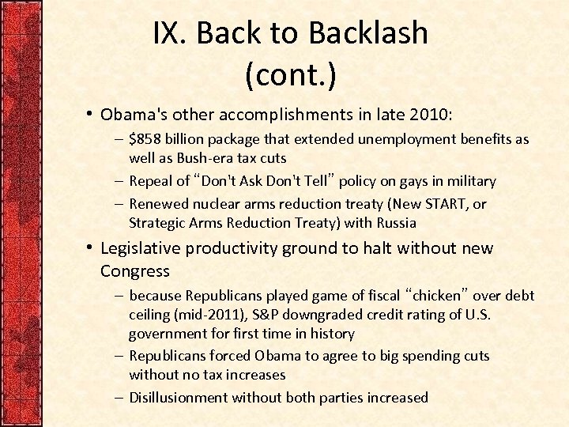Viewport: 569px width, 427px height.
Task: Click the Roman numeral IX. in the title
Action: pyautogui.click(x=170, y=33)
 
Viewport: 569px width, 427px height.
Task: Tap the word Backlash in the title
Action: pyautogui.click(x=368, y=33)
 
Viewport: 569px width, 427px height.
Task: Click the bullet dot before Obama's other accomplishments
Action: pyautogui.click(x=92, y=115)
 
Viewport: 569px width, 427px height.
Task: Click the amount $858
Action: pyautogui.click(x=146, y=139)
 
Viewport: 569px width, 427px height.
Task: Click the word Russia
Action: pyautogui.click(x=395, y=223)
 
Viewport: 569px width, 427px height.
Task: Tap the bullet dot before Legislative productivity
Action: pyautogui.click(x=92, y=248)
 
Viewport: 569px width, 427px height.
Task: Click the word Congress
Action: pyautogui.click(x=135, y=271)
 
